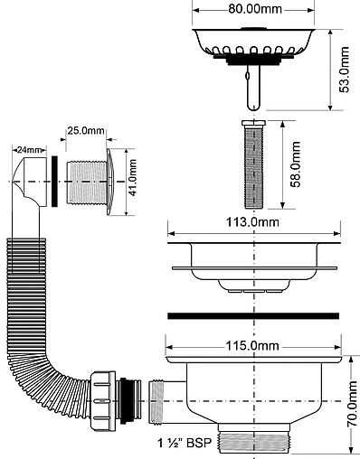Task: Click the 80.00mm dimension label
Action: click(255, 9)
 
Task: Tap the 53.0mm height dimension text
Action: click(344, 70)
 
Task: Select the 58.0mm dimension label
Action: click(296, 164)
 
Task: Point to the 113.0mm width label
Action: click(252, 222)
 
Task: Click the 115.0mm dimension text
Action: click(252, 346)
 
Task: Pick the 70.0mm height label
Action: click(352, 404)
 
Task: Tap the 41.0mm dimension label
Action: click(133, 178)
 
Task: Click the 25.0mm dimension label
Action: click(86, 131)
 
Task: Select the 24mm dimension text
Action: click(30, 150)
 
